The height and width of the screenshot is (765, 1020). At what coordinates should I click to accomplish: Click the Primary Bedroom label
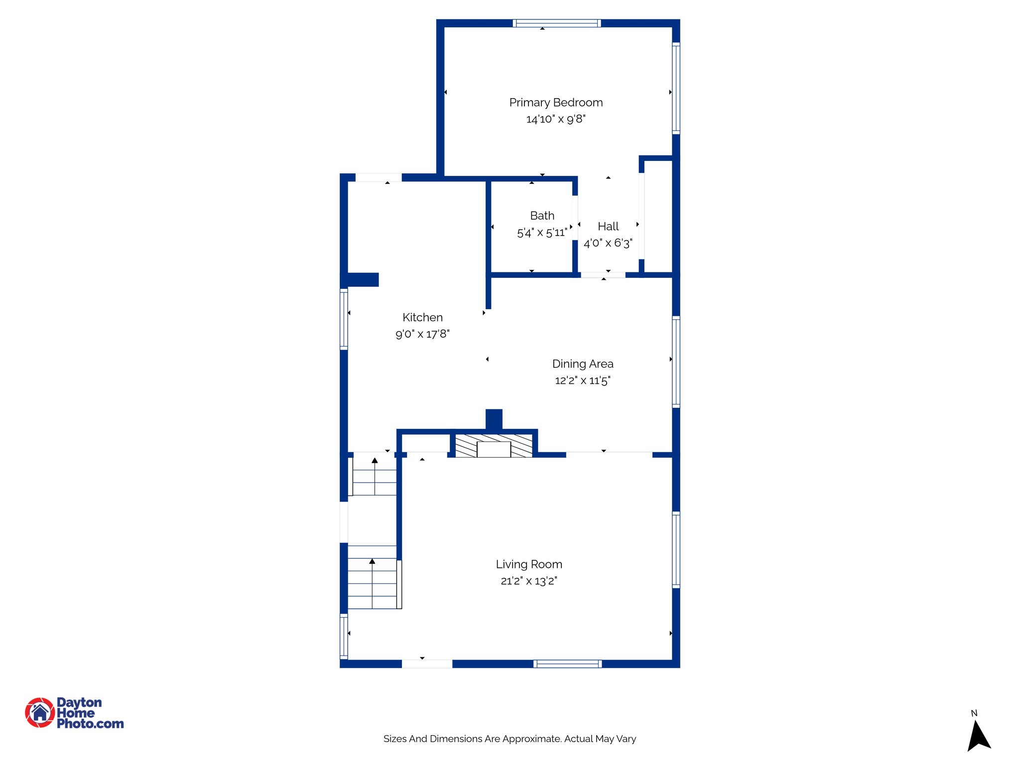(x=556, y=103)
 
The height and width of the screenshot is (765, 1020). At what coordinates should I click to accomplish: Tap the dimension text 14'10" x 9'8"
(x=556, y=119)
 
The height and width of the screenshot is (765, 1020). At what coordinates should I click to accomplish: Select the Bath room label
(x=542, y=216)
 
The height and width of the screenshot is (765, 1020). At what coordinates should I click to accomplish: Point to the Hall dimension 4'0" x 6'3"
(x=608, y=243)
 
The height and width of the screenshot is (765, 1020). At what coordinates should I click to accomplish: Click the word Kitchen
(x=422, y=317)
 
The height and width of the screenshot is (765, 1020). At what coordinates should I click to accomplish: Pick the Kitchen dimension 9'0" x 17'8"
(x=422, y=334)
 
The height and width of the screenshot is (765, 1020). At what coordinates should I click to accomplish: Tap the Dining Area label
(x=583, y=364)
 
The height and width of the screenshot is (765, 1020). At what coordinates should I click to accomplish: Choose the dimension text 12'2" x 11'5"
(x=583, y=381)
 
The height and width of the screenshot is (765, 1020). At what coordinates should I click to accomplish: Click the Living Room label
(x=529, y=564)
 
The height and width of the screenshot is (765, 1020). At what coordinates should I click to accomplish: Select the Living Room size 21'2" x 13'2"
(x=529, y=581)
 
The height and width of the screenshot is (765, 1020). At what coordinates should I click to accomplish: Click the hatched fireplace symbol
(x=494, y=446)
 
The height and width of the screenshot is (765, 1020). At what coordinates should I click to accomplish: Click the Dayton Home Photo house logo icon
(x=40, y=713)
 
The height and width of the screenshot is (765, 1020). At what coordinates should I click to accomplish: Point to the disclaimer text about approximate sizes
(x=510, y=739)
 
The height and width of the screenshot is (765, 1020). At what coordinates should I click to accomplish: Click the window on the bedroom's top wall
(x=557, y=23)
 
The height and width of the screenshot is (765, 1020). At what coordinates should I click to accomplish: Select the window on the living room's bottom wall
(x=568, y=664)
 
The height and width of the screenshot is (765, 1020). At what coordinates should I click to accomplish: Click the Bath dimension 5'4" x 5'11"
(x=542, y=233)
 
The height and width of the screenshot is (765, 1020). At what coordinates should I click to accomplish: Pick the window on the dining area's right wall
(x=676, y=362)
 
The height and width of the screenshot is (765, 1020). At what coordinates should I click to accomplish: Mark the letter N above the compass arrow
(x=974, y=713)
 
